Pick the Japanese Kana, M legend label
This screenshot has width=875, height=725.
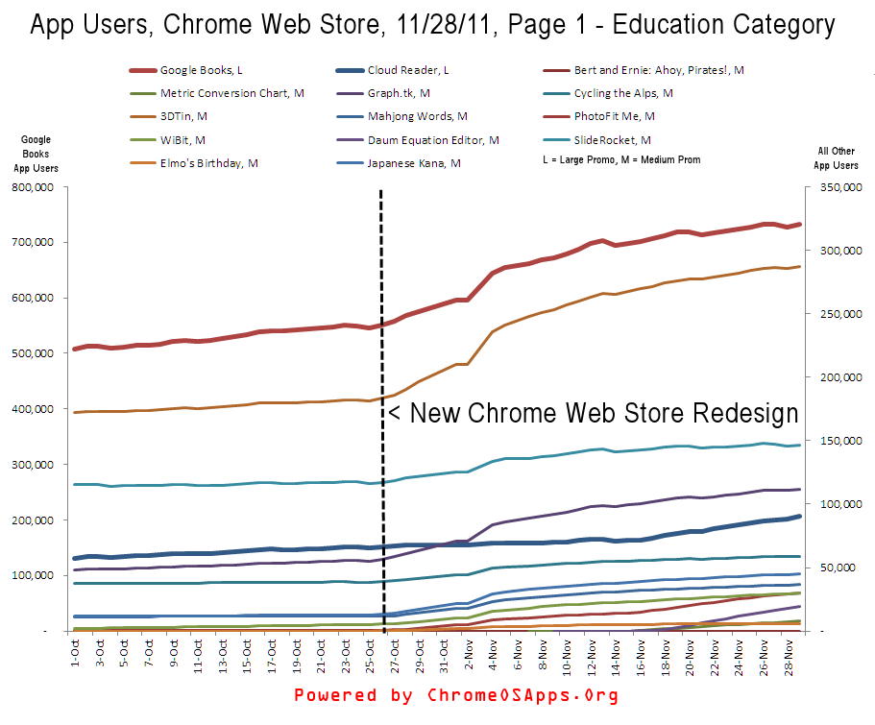(413, 163)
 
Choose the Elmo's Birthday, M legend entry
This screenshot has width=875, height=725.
(208, 163)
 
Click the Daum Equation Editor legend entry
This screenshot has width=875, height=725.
(432, 140)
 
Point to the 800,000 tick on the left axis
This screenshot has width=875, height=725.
(36, 187)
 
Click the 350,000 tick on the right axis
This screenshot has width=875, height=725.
(834, 187)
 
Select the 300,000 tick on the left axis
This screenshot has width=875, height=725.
(36, 465)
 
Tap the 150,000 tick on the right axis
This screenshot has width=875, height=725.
(834, 441)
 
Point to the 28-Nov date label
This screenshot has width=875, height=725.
(789, 660)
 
